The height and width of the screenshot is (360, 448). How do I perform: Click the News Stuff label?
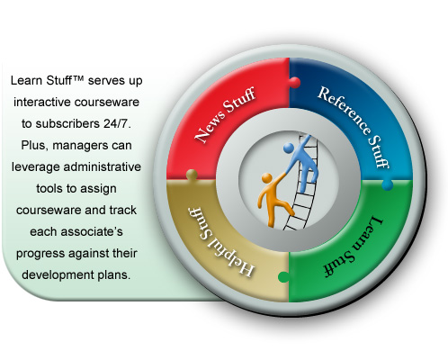click(225, 114)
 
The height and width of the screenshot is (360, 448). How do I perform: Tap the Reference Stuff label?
click(354, 126)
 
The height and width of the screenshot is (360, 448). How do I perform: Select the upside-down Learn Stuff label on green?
click(354, 247)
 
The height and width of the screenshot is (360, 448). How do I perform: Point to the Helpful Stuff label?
click(221, 241)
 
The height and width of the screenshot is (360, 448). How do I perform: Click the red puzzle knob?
click(295, 83)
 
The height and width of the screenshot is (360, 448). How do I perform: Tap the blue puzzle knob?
click(388, 184)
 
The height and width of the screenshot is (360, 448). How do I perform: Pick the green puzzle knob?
click(283, 277)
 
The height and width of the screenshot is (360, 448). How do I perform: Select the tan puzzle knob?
click(192, 175)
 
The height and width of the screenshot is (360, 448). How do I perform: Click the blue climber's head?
click(289, 148)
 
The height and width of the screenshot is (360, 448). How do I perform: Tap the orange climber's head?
click(266, 178)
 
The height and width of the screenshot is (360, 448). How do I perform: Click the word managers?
click(80, 146)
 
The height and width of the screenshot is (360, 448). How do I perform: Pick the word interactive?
click(41, 102)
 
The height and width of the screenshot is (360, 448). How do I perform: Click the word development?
click(58, 275)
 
